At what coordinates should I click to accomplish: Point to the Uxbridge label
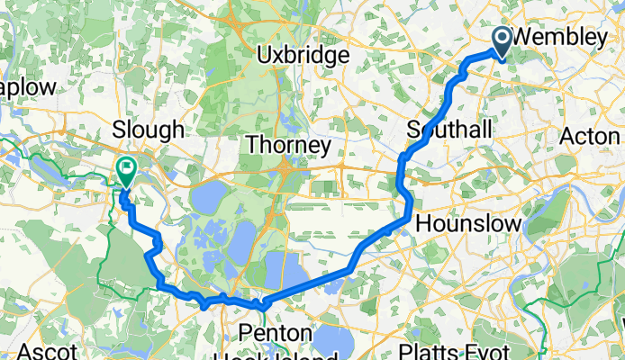tap(302, 56)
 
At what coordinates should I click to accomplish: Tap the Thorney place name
tap(289, 145)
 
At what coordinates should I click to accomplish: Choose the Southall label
tap(449, 130)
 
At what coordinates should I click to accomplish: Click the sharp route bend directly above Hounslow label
tap(410, 214)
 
